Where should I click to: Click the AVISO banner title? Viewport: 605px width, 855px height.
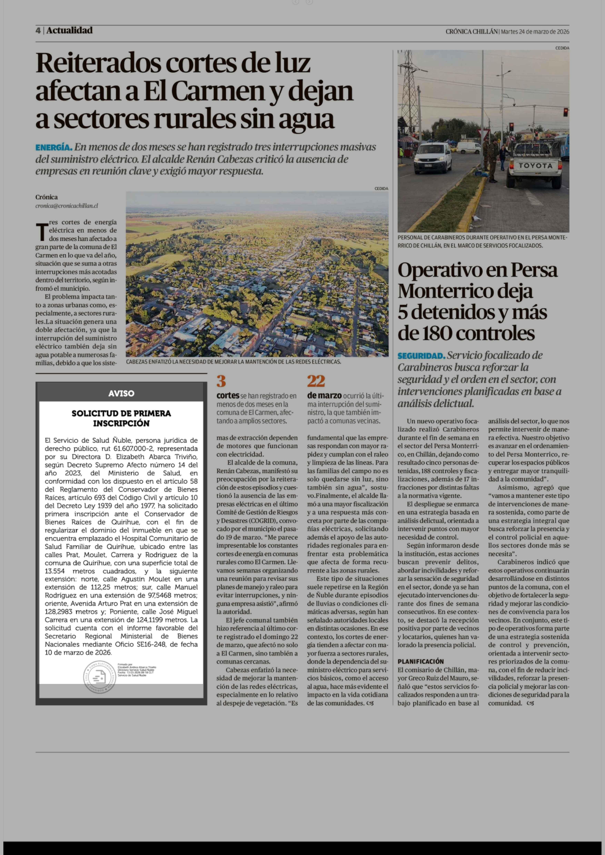(x=121, y=393)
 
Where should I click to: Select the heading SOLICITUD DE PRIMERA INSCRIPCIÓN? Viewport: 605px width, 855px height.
(x=121, y=418)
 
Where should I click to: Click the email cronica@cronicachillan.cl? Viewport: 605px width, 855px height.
(x=67, y=206)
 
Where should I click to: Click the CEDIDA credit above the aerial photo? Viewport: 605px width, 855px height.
(x=381, y=188)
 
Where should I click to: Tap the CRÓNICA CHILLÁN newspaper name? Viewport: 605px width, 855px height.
(x=471, y=32)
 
